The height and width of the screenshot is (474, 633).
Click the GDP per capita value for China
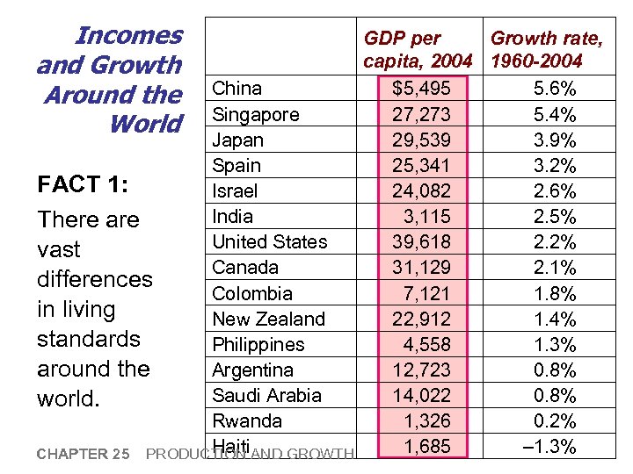(x=421, y=89)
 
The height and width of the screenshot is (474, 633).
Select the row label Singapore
(x=256, y=114)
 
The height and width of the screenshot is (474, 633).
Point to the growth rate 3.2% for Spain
(x=555, y=166)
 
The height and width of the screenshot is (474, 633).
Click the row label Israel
(x=235, y=190)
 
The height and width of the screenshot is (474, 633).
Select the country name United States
(x=270, y=241)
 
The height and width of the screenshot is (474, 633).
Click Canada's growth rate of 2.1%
(x=555, y=268)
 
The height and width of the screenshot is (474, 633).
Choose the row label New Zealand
(x=269, y=319)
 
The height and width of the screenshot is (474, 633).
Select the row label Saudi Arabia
(x=267, y=395)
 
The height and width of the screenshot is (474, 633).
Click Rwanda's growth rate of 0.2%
(x=555, y=420)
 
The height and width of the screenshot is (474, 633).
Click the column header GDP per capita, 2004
(x=418, y=49)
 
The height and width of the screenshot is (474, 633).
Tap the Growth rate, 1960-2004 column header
(x=546, y=49)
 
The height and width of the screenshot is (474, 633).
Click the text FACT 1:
(x=83, y=185)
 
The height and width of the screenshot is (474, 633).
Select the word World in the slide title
(x=145, y=124)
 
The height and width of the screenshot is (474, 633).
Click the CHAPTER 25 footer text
(x=84, y=454)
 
